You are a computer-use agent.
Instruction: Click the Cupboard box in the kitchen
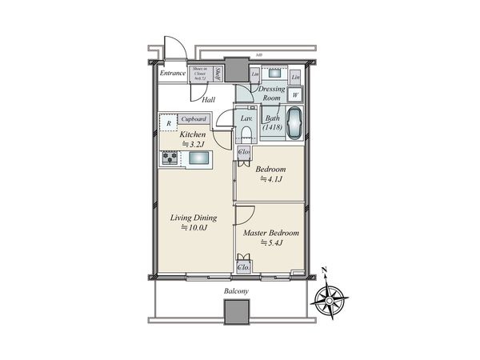[194, 118]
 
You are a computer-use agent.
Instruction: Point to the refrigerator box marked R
[168, 123]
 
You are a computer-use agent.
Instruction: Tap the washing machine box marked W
[295, 94]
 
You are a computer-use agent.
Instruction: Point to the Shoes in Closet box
[200, 74]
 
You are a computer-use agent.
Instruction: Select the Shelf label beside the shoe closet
[218, 74]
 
